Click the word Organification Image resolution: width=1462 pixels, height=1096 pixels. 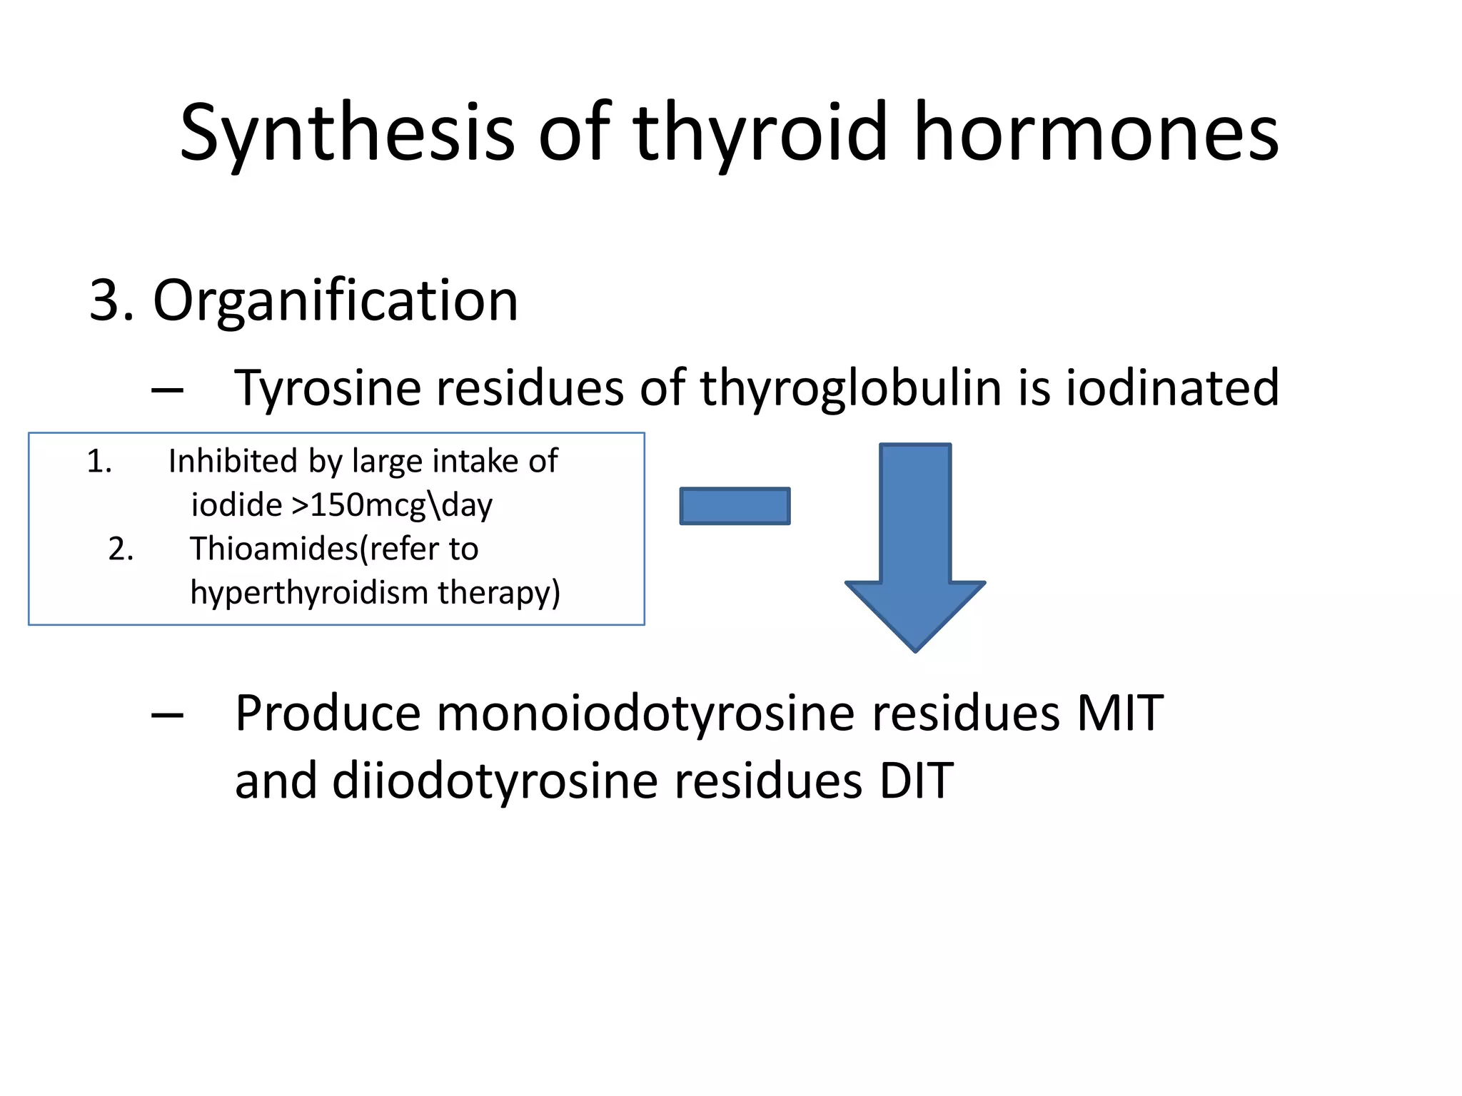336,300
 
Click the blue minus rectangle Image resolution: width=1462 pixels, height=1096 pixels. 735,506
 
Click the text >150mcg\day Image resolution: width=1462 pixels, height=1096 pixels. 392,505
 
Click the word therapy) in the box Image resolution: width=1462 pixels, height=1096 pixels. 499,592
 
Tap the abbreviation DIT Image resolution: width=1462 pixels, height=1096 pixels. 916,780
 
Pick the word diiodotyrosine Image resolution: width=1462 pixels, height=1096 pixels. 495,780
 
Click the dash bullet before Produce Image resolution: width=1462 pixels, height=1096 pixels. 167,715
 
